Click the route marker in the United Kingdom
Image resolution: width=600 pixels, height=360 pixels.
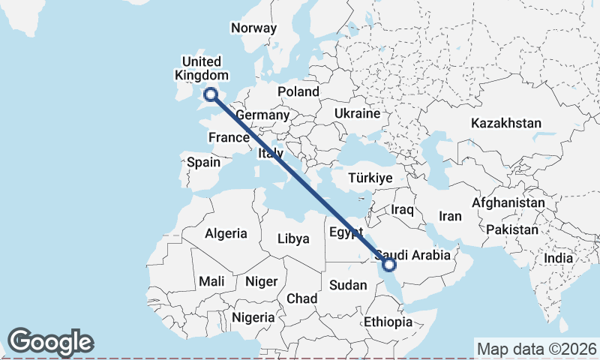point(211,94)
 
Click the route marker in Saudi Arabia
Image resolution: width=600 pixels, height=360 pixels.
point(389,263)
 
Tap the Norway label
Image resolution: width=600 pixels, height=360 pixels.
point(253,28)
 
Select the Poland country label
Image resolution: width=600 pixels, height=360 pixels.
point(298,91)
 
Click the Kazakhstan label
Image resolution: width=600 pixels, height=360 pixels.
point(506,123)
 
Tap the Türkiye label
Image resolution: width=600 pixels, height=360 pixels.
point(371,178)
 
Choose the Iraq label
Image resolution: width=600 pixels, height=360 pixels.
point(402,210)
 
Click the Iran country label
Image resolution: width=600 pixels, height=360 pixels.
point(450,216)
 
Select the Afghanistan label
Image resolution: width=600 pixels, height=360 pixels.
point(508,203)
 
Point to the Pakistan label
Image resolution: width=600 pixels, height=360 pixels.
point(512,229)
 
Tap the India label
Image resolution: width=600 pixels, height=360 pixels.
point(559,258)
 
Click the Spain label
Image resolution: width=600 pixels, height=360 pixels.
point(204,162)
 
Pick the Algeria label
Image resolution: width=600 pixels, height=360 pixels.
point(226,233)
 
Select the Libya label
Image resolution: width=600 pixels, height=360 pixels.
point(293,238)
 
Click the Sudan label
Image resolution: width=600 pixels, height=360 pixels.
point(348,285)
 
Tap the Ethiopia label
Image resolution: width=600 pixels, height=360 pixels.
point(388,322)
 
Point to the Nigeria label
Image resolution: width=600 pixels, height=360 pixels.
point(253,317)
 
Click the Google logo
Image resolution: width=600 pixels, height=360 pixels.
point(50,342)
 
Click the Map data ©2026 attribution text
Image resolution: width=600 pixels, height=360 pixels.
point(537,349)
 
